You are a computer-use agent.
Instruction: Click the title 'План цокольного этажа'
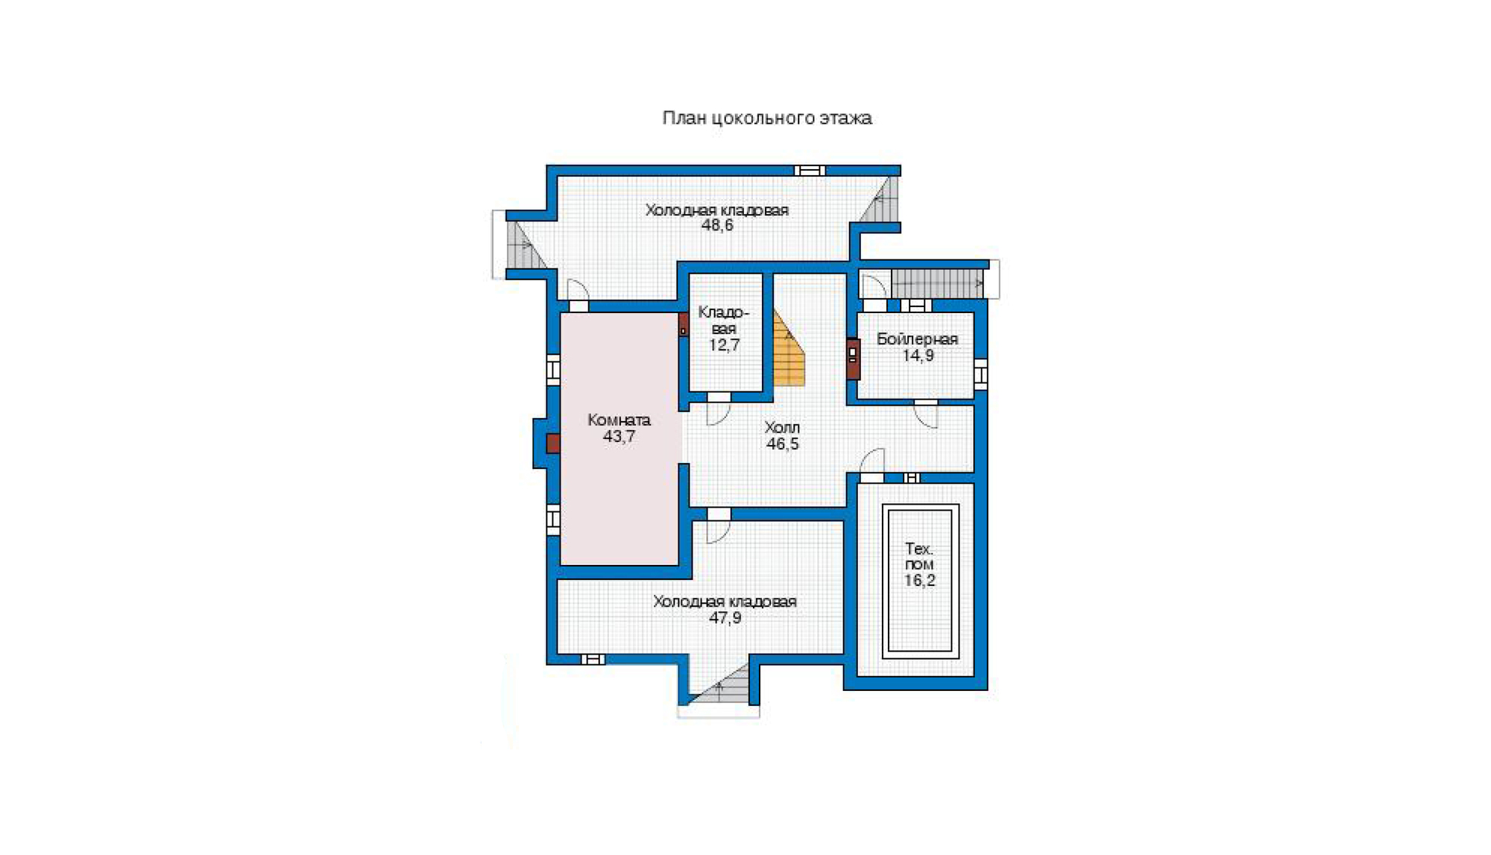(767, 118)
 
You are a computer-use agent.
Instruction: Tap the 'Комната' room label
(619, 420)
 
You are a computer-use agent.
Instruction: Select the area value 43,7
(619, 437)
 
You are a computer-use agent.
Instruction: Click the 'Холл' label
(782, 428)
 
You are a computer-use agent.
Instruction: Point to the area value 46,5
(782, 444)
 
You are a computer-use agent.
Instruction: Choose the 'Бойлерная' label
(917, 339)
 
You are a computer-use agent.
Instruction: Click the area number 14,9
(918, 356)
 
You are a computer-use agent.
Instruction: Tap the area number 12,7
(724, 345)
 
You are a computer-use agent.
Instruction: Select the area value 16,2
(919, 581)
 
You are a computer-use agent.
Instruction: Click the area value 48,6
(717, 226)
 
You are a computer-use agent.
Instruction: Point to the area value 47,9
(725, 618)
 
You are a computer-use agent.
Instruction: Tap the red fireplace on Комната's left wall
(552, 444)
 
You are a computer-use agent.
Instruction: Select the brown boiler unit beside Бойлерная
(853, 359)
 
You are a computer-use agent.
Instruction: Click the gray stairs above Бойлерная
(937, 283)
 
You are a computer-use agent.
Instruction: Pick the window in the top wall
(810, 171)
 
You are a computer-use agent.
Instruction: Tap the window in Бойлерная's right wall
(981, 374)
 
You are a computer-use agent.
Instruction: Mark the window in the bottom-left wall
(593, 660)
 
